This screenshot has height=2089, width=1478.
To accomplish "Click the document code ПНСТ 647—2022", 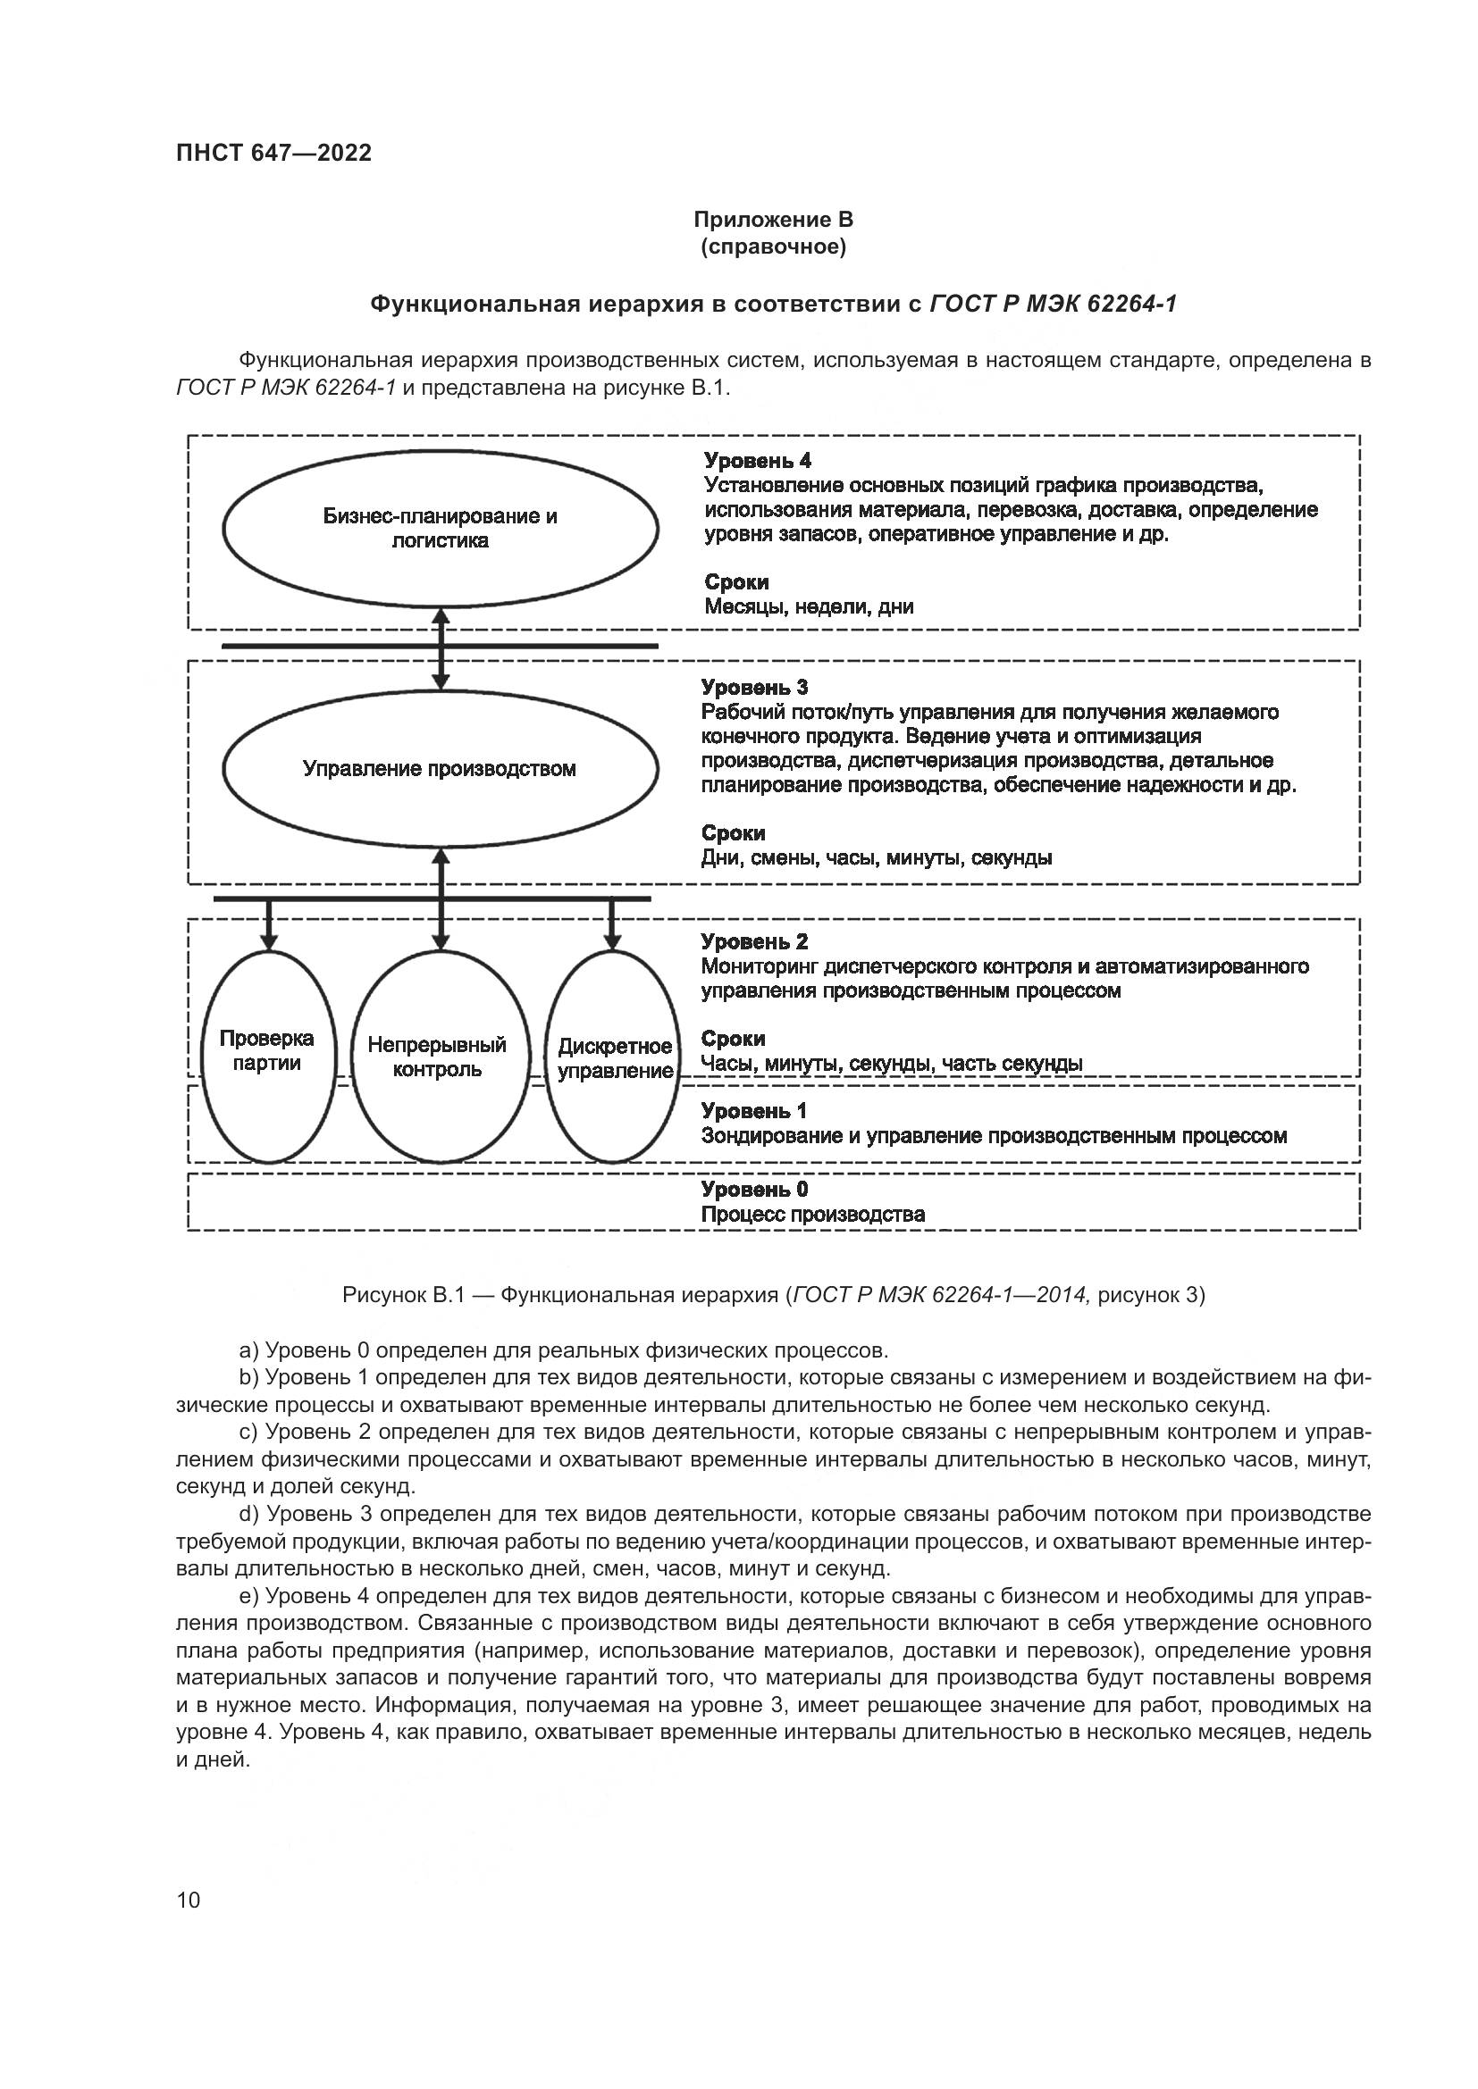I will point(274,153).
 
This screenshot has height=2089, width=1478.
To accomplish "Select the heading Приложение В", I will point(773,220).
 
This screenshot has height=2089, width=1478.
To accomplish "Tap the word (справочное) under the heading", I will point(773,247).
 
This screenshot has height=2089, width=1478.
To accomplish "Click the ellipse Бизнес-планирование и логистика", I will point(441,529).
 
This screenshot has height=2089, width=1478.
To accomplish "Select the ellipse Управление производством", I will point(441,769).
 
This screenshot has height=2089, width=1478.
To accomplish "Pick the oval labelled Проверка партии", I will point(267,1057).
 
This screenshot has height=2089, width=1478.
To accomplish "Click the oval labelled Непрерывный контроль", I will point(439,1057).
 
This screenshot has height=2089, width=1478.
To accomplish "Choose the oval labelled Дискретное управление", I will point(614,1059).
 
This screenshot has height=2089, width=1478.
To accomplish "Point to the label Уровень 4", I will point(757,461).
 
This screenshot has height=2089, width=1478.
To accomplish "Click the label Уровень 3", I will point(754,688).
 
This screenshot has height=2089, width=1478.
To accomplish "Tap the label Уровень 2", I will point(754,941).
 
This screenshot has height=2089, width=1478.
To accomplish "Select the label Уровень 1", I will point(754,1111).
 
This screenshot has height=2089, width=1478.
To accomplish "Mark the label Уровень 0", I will point(754,1189).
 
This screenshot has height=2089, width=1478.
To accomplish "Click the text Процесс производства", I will point(812,1215).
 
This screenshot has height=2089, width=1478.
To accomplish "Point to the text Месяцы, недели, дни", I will point(809,606).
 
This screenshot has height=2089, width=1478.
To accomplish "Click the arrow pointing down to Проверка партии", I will point(267,926).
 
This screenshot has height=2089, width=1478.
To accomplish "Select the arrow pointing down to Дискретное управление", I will point(612,926).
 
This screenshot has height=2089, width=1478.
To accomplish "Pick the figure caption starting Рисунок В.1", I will point(773,1296).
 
